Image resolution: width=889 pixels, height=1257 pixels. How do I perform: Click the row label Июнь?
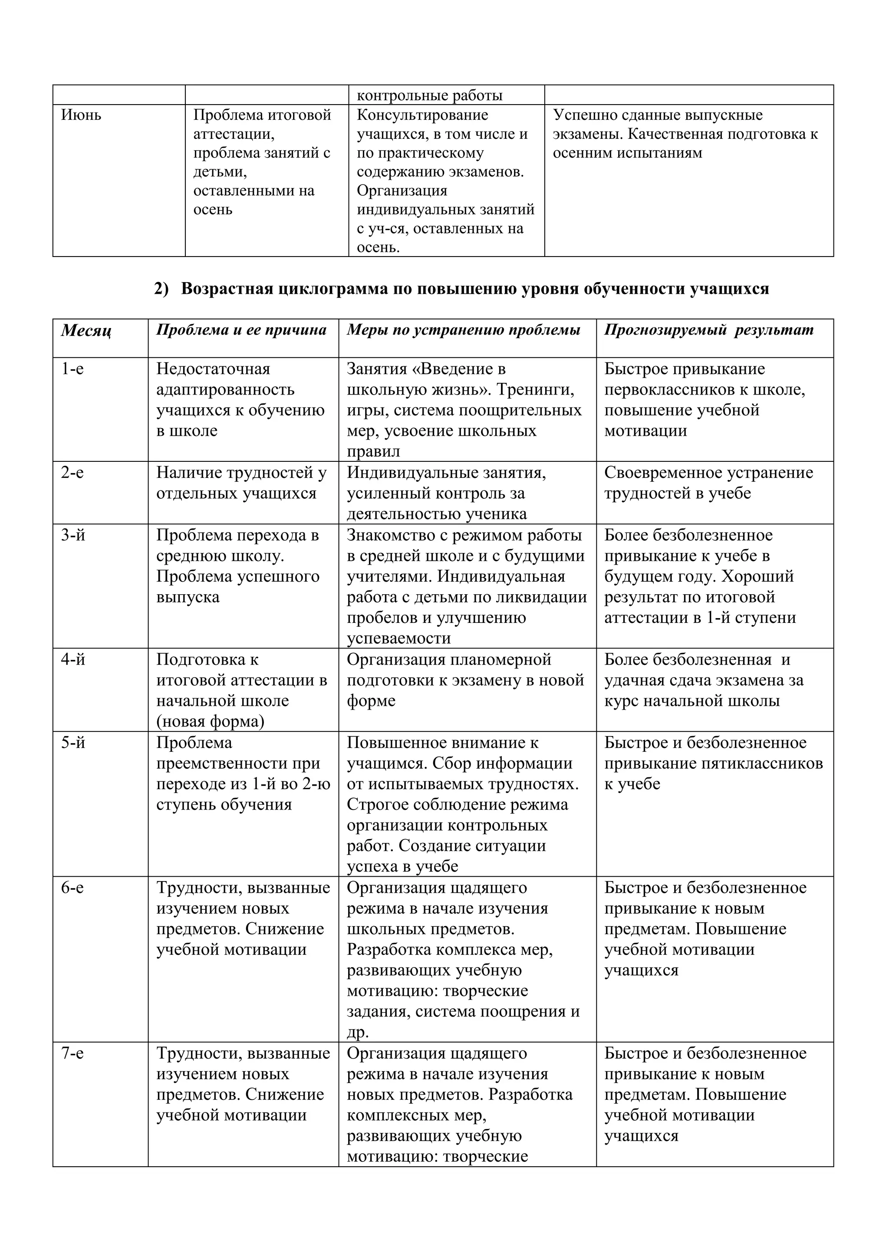click(81, 115)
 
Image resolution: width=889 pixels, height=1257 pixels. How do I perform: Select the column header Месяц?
click(86, 331)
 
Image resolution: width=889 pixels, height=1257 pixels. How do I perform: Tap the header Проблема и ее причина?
click(241, 330)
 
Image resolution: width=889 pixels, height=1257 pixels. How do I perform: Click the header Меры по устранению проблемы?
click(463, 330)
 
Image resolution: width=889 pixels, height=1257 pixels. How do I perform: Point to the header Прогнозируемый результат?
click(708, 330)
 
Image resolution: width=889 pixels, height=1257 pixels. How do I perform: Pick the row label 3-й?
click(73, 536)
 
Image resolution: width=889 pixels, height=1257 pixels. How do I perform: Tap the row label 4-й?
click(73, 660)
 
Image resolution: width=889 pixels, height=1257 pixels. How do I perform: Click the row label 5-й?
click(73, 743)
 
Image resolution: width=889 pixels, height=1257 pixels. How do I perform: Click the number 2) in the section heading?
click(161, 289)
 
